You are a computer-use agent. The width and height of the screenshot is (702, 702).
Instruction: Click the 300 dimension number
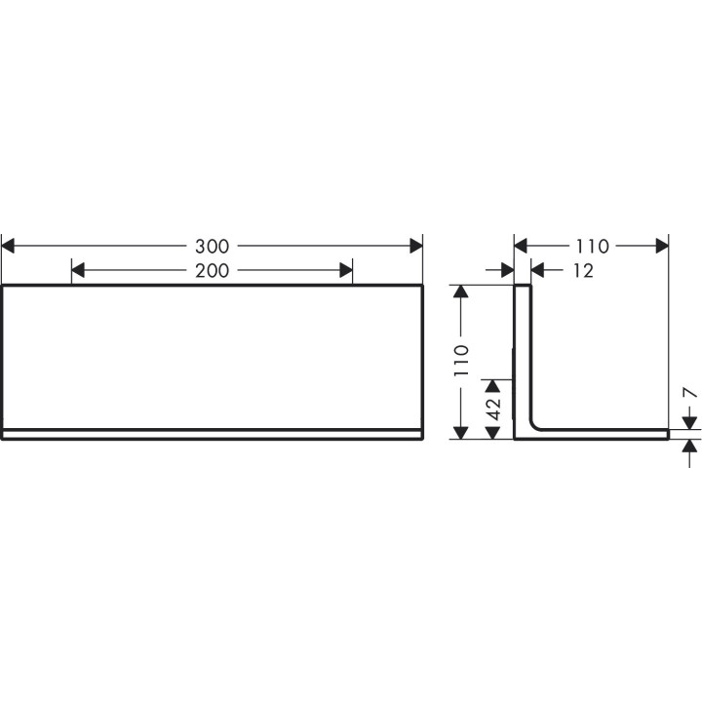point(212,246)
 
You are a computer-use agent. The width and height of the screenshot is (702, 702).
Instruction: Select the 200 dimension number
point(212,271)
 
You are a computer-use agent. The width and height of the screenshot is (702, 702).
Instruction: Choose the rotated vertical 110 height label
point(462,361)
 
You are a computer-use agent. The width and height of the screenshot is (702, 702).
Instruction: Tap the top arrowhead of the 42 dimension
point(493,387)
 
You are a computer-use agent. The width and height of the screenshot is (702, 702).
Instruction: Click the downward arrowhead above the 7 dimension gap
point(689,421)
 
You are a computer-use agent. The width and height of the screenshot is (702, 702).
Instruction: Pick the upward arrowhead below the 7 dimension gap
point(689,448)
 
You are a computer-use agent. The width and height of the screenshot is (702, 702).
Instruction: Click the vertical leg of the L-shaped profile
point(523,351)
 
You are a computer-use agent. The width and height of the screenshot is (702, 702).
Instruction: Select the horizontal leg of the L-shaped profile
point(604,434)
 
